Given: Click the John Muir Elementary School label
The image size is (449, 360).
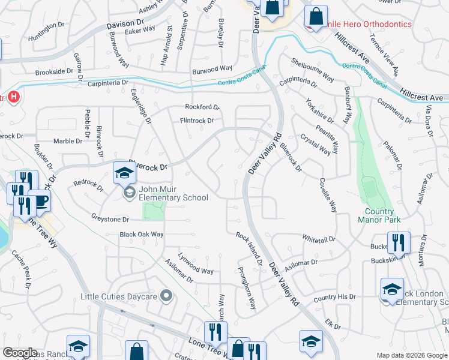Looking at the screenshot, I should point(173,193).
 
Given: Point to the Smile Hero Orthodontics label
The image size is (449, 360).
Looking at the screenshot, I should point(367,24).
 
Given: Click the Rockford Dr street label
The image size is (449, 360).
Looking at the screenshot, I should point(202,107).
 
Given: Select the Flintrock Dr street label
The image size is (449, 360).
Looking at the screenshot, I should point(197,121).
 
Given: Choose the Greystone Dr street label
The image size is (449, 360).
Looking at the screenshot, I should point(110,220).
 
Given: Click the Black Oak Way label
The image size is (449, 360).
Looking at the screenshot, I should point(142,234).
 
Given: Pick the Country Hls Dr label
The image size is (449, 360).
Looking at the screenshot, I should point(334,297).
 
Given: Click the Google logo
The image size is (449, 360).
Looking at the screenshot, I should point(20,353).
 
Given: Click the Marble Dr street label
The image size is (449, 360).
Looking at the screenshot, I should point(67,141).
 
